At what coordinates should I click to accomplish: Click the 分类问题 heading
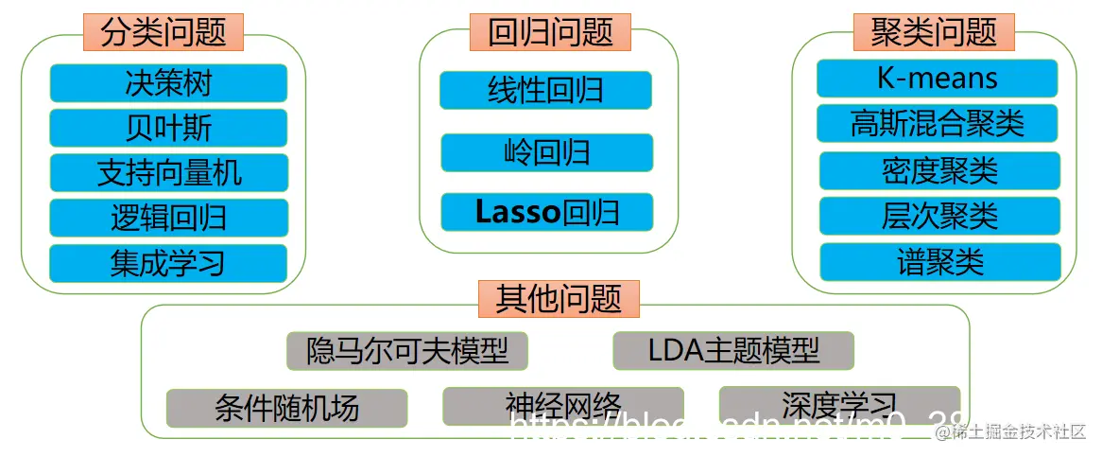click(164, 32)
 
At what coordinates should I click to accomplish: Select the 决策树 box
click(168, 83)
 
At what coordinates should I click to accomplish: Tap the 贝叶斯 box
click(168, 128)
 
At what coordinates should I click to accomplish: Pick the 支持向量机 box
click(168, 173)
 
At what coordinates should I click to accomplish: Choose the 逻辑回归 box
click(168, 218)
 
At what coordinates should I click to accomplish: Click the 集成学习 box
click(168, 263)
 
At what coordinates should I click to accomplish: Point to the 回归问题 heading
click(551, 32)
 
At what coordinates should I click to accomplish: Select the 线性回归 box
click(546, 90)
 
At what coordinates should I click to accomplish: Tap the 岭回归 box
click(546, 152)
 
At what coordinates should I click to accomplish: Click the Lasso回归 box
click(546, 212)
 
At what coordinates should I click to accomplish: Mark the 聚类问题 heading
click(934, 32)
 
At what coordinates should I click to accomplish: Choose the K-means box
click(937, 79)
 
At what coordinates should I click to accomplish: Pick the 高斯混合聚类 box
click(937, 123)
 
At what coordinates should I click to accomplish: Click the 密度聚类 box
click(939, 170)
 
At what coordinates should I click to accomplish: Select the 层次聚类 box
click(939, 216)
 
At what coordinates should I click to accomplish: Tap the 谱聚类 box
click(939, 262)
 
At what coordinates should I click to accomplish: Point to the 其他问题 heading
click(559, 298)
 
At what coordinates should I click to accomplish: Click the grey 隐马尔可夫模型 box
click(407, 351)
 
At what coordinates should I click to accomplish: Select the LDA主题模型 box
click(733, 351)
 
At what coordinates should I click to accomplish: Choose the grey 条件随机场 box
click(286, 408)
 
